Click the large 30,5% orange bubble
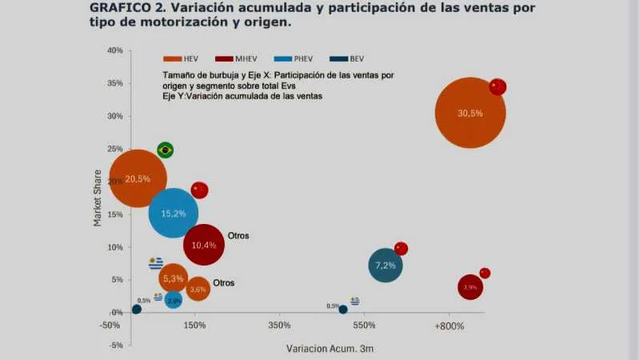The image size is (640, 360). pos(470,113)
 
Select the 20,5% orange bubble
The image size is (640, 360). pos(138,178)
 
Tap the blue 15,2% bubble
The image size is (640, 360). pos(174,213)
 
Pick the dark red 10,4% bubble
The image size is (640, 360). pos(204,245)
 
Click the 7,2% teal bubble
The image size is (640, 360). pos(386,266)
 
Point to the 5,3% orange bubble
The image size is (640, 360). pos(173,278)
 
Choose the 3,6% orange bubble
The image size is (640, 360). pos(198,289)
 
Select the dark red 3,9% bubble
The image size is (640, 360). pos(470,286)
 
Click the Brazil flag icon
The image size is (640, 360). pos(166,150)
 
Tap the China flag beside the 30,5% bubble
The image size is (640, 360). pos(498,86)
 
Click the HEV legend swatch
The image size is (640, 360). pos(173,58)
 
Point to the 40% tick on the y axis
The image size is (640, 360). pos(114,50)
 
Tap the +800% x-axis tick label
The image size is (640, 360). pos(449,326)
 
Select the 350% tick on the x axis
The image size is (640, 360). pos(279,326)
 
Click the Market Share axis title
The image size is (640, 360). pos(98,198)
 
